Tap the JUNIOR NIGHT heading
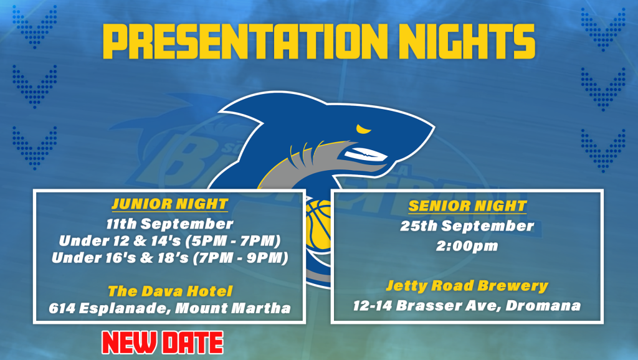pyautogui.click(x=169, y=204)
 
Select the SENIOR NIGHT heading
pyautogui.click(x=467, y=206)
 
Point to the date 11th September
pyautogui.click(x=169, y=224)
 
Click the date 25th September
pyautogui.click(x=467, y=226)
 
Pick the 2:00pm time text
pyautogui.click(x=467, y=245)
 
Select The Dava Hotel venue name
pyautogui.click(x=169, y=291)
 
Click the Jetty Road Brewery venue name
pyautogui.click(x=467, y=286)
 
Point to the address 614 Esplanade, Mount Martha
pyautogui.click(x=169, y=308)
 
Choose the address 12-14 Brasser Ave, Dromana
pyautogui.click(x=467, y=306)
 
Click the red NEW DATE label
pyautogui.click(x=162, y=342)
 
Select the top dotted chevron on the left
pyautogui.click(x=34, y=26)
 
